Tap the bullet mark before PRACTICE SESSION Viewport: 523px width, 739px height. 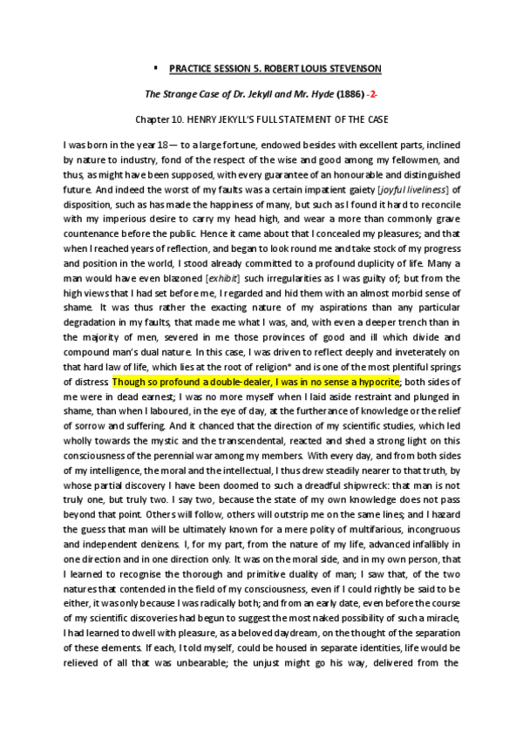[153, 66]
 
